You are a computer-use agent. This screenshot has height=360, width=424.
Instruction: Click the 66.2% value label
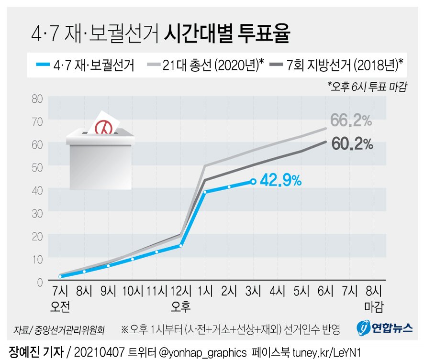[x=351, y=120]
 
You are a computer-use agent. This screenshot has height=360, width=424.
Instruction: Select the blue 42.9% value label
[x=281, y=181]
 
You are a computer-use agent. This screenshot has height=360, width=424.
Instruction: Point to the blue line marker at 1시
[x=205, y=192]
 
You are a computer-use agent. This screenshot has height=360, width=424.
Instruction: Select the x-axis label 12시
[x=180, y=291]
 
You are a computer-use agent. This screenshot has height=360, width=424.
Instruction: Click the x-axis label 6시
[x=326, y=291]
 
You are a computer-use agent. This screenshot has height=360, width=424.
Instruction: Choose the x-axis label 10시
[x=133, y=291]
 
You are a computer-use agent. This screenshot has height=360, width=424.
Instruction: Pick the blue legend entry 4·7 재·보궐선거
[x=93, y=65]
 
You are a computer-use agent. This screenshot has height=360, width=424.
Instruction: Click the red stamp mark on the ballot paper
[x=102, y=127]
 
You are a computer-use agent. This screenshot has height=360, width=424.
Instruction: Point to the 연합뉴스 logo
[x=385, y=327]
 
